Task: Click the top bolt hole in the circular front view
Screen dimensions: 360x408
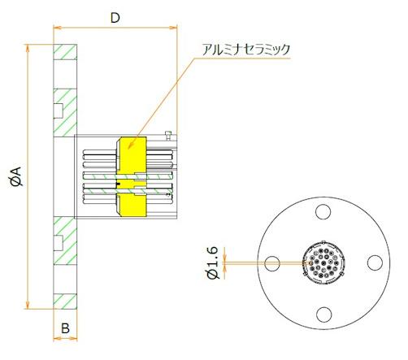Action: coord(324,211)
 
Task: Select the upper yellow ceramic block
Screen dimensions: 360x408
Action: coord(132,154)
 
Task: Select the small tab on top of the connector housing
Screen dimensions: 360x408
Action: coord(167,133)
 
